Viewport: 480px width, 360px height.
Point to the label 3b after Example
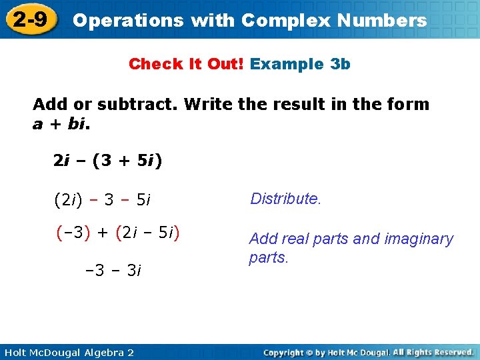(x=340, y=64)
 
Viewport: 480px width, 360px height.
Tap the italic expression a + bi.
(x=62, y=124)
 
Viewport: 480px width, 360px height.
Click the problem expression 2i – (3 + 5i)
(x=108, y=161)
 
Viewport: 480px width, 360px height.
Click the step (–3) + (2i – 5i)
(x=118, y=233)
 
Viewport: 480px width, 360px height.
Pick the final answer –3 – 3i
(x=113, y=270)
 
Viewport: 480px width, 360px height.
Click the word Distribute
(x=285, y=198)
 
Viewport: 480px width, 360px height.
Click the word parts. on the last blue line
(x=269, y=257)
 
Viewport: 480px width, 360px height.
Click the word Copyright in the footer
(x=285, y=352)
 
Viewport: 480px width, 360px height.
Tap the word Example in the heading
(x=287, y=64)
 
